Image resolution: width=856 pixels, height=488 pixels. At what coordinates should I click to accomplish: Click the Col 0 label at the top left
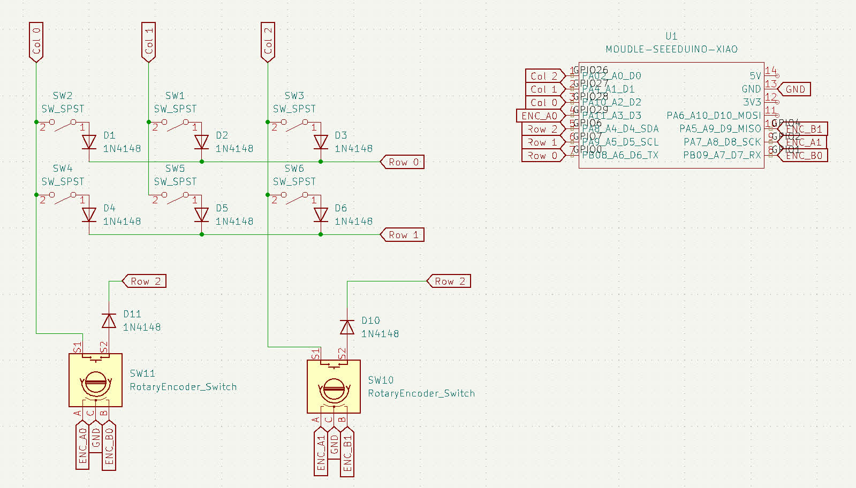pos(36,42)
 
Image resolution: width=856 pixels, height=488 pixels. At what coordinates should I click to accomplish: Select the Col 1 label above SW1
pos(148,42)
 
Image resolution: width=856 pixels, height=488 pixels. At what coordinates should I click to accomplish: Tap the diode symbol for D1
pos(89,142)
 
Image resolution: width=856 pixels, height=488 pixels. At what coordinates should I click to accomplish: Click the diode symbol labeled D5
pos(201,215)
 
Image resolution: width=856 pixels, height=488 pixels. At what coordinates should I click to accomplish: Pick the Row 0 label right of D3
pos(402,162)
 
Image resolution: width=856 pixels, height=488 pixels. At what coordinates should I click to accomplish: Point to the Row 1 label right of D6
pos(402,235)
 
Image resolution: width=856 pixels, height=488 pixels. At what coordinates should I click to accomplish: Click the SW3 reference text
pos(294,96)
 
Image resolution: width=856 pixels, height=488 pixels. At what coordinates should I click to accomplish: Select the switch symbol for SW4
pos(63,199)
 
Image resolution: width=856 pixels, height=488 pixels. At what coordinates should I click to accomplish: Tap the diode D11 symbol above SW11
pos(109,321)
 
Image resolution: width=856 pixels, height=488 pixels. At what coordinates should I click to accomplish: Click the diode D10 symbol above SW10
pos(347,327)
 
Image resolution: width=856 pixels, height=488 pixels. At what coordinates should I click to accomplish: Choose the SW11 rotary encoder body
pos(95,380)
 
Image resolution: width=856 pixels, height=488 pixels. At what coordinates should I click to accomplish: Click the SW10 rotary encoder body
pos(334,387)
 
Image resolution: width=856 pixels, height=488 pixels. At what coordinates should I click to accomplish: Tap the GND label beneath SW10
pos(334,444)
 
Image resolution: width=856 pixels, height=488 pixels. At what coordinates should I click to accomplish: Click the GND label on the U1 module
pos(794,89)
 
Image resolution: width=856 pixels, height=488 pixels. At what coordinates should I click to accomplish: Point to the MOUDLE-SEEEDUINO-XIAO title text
pos(671,49)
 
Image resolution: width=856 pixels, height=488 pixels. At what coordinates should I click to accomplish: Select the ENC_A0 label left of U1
pos(541,116)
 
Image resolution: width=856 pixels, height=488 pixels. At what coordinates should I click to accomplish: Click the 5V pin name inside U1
pos(755,76)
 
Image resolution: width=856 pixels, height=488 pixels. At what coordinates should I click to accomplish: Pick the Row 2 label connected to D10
pos(449,281)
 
